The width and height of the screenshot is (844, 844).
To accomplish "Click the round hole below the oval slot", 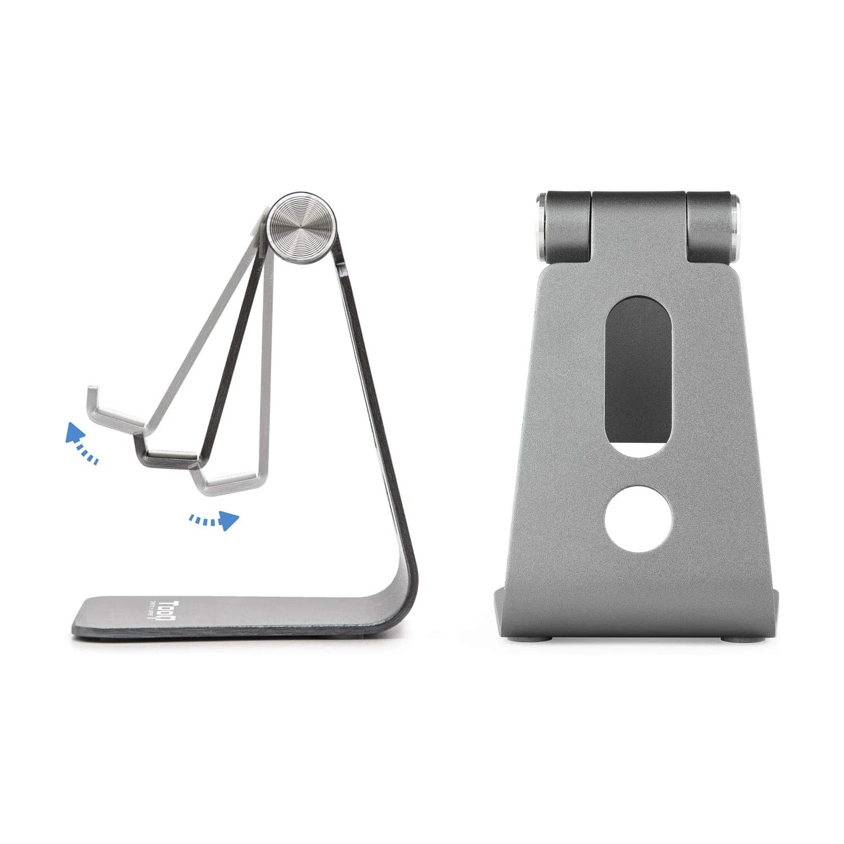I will pos(639,518).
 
